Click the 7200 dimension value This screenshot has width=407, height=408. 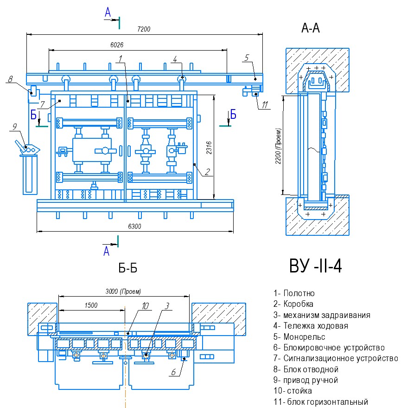pos(144,29)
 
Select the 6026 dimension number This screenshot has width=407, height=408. pos(117,45)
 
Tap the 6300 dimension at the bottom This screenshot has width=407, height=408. pos(134,226)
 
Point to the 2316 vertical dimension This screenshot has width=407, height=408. pos(209,148)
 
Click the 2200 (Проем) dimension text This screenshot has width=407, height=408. pos(278,146)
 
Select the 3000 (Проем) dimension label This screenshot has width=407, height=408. pos(123,291)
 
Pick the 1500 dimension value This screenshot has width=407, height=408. pos(91,305)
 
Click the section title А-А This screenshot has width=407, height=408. pos(310,28)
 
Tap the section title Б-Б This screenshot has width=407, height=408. pos(127,268)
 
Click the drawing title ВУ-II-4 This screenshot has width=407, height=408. pos(316,266)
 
